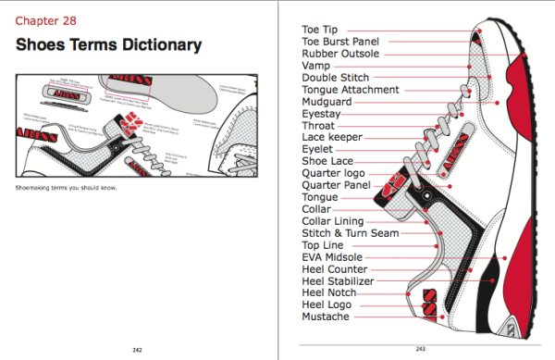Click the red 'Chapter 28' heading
[x=45, y=19]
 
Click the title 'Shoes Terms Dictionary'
[x=109, y=45]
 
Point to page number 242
[x=137, y=349]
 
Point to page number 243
[x=419, y=349]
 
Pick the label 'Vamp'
[x=317, y=66]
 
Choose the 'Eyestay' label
[x=324, y=114]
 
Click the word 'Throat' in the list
[x=320, y=126]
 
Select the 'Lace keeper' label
[x=331, y=137]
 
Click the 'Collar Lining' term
[x=332, y=221]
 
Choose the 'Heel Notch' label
[x=330, y=292]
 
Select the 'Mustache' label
[x=326, y=317]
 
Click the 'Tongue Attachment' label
[x=351, y=90]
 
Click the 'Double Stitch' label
[x=335, y=78]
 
